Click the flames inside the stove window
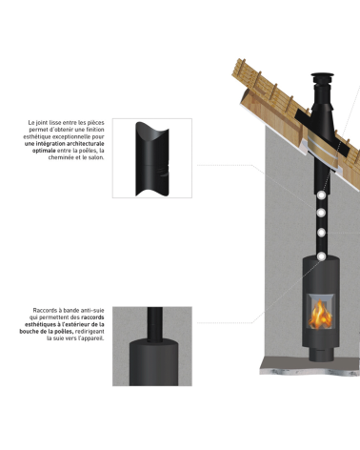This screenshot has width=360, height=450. click(x=320, y=316)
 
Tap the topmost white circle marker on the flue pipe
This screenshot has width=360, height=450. click(x=321, y=195)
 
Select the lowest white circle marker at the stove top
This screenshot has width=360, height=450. click(x=322, y=256)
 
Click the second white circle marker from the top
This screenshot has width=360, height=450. click(x=321, y=213)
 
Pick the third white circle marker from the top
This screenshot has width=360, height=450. click(x=321, y=233)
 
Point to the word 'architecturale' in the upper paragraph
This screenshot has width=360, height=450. click(x=87, y=144)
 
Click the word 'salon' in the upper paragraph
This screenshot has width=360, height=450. click(x=96, y=157)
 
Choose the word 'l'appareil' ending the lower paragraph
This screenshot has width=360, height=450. click(x=90, y=338)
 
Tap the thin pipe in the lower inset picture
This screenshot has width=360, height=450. click(x=155, y=323)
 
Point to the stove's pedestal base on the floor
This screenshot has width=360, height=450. click(x=321, y=354)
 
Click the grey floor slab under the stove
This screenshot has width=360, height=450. click(x=310, y=365)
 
